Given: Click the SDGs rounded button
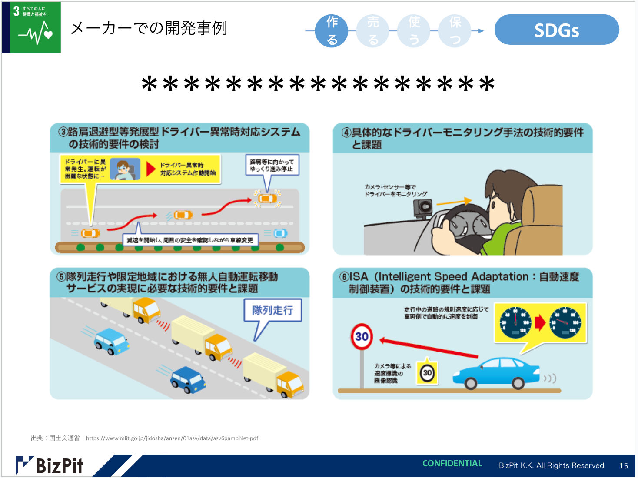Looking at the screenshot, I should coord(556,30).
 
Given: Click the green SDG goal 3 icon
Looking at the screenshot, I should coord(35,27).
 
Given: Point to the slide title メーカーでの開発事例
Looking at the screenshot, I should coord(149,28).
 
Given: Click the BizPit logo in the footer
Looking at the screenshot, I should coord(50,465).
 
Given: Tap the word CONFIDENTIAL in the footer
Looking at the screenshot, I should coord(452,464).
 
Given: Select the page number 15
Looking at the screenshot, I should coord(623,465).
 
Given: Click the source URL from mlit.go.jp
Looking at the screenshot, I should coord(172,438).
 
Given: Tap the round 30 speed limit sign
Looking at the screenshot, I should coord(362,336).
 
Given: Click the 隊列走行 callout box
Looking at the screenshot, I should coord(272,310).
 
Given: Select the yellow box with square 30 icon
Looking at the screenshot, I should coord(427,372).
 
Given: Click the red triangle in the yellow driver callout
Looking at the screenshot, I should coord(150,169).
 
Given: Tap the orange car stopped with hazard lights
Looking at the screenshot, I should coord(267,199).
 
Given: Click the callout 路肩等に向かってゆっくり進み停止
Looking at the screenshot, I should coord(272,165).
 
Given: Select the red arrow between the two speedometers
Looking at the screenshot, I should coord(539,322).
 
